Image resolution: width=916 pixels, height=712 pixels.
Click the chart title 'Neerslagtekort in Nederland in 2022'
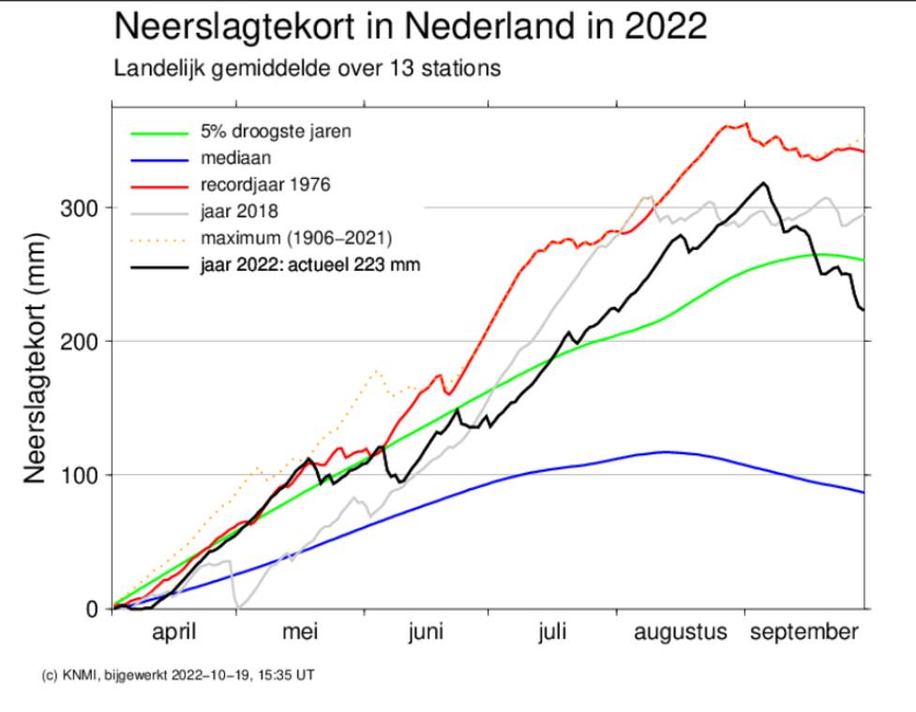click(410, 26)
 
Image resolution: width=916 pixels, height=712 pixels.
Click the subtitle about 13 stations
click(308, 68)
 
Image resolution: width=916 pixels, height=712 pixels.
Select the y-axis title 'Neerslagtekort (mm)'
click(36, 358)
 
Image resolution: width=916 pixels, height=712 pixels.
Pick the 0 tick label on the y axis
click(92, 609)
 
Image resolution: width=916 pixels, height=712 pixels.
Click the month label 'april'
click(173, 633)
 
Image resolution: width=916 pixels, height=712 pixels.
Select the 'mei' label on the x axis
click(301, 633)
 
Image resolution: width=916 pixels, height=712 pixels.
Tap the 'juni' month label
click(426, 633)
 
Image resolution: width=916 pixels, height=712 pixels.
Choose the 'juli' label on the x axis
click(552, 633)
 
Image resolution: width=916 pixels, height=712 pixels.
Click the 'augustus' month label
click(681, 633)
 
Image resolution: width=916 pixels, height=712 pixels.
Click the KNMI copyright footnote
click(178, 674)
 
